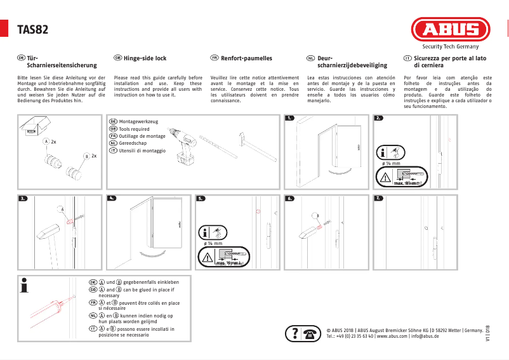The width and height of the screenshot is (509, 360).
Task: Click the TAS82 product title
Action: point(34,30)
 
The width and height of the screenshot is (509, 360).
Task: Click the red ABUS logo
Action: point(451,30)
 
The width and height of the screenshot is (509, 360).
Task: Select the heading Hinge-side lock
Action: point(145,58)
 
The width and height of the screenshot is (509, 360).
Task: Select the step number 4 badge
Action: point(112,199)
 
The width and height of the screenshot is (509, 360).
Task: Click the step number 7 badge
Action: point(379,199)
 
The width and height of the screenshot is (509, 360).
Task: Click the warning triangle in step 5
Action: point(208,257)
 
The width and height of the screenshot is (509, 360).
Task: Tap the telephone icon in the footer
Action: point(312,333)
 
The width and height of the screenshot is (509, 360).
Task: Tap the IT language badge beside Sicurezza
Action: point(407,58)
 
